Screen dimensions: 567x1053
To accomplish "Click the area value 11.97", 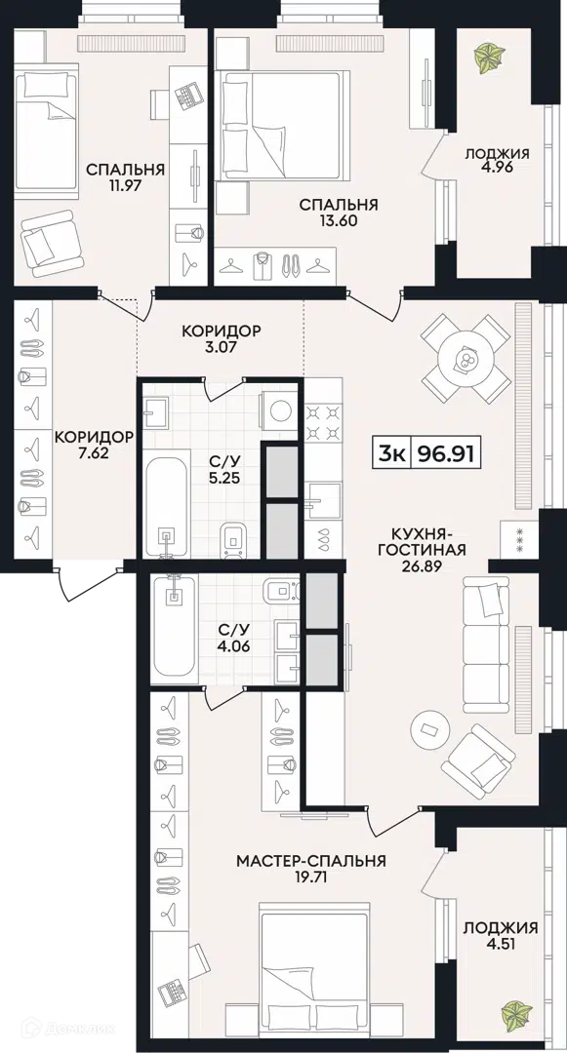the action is (126, 185).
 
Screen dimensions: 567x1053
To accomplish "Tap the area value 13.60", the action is (339, 220).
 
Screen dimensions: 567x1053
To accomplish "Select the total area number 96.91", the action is (446, 454).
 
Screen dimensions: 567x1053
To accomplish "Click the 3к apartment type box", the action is (391, 454).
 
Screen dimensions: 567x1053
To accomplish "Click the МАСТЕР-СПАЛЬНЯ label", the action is (311, 860).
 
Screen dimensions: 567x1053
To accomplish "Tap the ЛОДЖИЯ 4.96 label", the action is (497, 161).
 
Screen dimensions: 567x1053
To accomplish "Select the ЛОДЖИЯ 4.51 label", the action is (502, 935).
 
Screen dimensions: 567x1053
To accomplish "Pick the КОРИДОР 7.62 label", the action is (94, 445).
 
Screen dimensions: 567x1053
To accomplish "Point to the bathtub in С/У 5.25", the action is (166, 506).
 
